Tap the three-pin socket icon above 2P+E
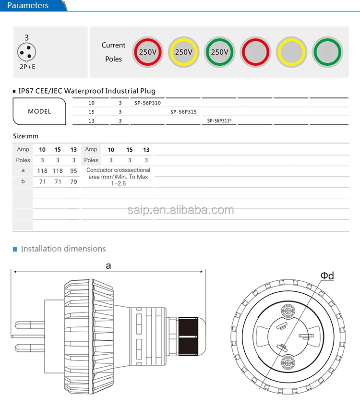pos(27,52)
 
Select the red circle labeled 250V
pos(148,52)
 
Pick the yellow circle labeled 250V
pos(183,52)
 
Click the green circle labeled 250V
pos(219,52)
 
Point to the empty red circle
pos(255,52)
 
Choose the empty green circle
pos(327,52)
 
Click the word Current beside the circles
pos(113,45)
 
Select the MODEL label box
pos(39,111)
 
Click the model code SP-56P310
pos(148,103)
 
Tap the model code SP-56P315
pos(183,112)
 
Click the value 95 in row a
pos(73,171)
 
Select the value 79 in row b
pos(73,182)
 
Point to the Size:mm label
pos(25,136)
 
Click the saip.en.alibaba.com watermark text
pos(180,210)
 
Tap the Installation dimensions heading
pos(63,249)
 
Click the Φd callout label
pos(327,276)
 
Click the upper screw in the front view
pos(288,312)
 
